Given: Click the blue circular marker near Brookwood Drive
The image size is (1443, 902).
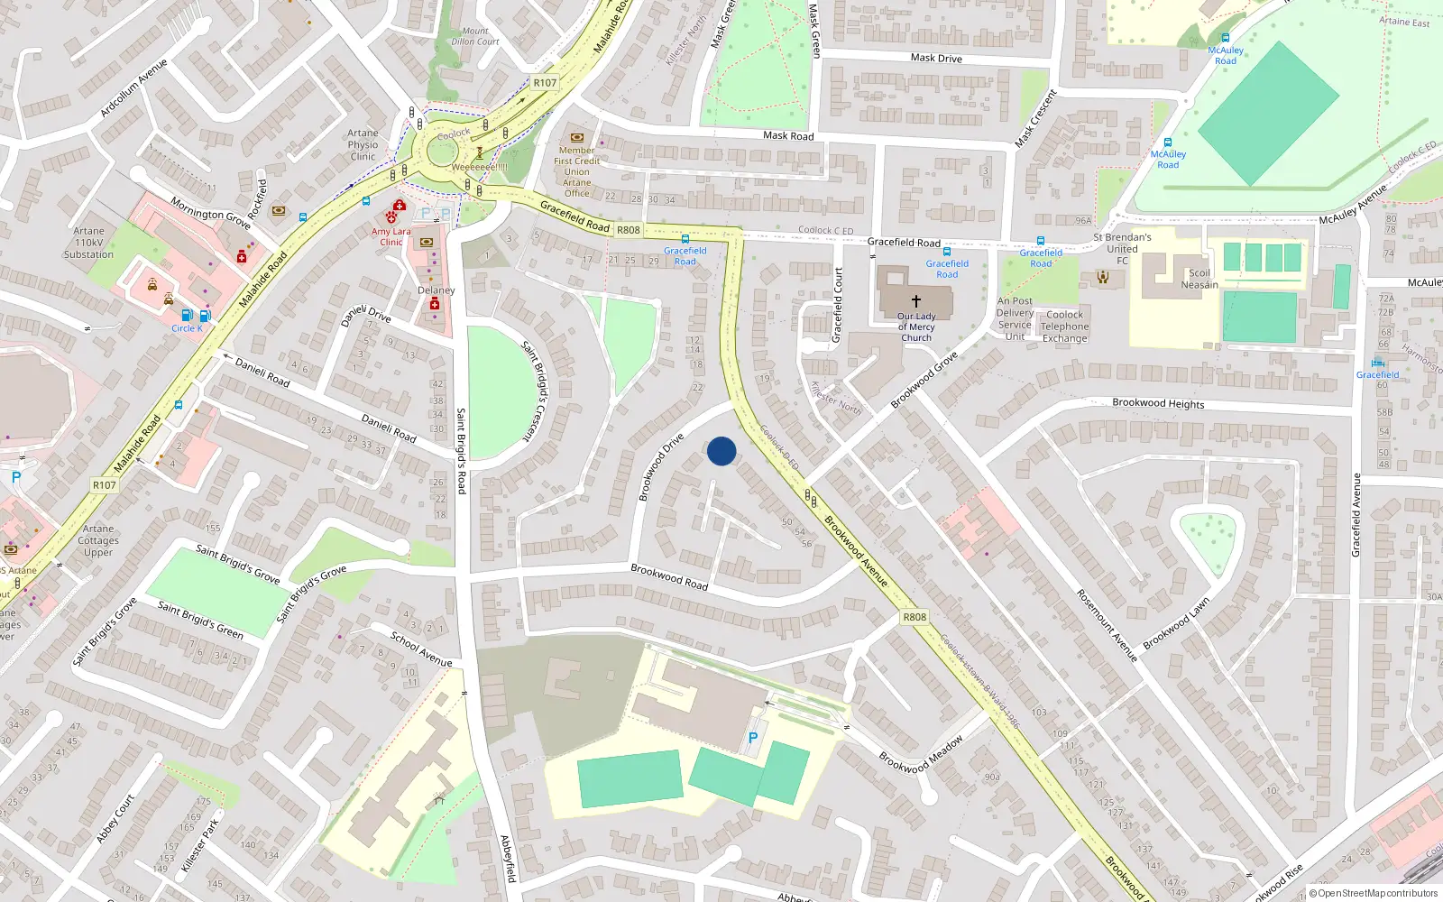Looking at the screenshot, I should tap(721, 451).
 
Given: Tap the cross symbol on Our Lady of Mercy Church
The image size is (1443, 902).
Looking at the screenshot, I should tap(915, 300).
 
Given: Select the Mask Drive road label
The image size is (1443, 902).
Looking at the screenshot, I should tap(936, 58).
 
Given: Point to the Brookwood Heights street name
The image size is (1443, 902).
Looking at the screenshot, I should tap(1158, 403).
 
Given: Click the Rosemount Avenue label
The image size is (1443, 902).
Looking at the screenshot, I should tap(1108, 625).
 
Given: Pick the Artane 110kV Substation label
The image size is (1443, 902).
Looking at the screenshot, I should tap(88, 243).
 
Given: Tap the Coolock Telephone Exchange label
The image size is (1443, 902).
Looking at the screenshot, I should tap(1064, 327).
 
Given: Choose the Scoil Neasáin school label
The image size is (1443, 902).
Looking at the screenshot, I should tap(1199, 279).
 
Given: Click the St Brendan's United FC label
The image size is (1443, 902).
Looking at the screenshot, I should tap(1122, 248).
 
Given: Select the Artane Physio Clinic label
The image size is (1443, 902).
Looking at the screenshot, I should tap(363, 144).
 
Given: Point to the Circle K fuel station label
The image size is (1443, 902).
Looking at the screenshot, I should tap(187, 328).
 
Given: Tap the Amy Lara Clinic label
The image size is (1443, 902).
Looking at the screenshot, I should tap(391, 236).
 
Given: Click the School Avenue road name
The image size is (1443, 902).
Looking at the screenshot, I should tap(421, 649).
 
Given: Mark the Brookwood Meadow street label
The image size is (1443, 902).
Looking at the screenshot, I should tap(921, 755).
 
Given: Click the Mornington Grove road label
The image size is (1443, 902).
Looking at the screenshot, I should tap(210, 214).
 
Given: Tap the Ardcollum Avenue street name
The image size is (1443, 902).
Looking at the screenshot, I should tap(133, 88).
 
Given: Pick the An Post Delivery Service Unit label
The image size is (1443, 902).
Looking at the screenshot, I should tap(1015, 318).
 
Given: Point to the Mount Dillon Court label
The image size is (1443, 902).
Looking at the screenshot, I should tap(474, 36).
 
